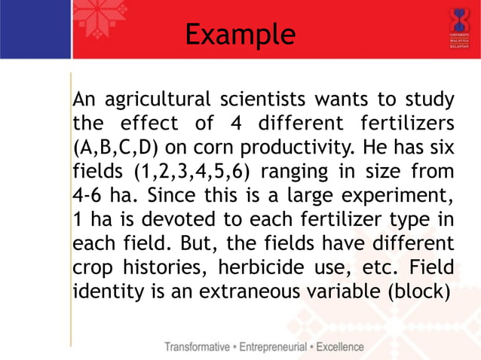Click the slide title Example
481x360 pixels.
click(x=240, y=35)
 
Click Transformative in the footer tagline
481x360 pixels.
click(x=200, y=347)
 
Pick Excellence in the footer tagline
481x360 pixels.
click(x=341, y=347)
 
